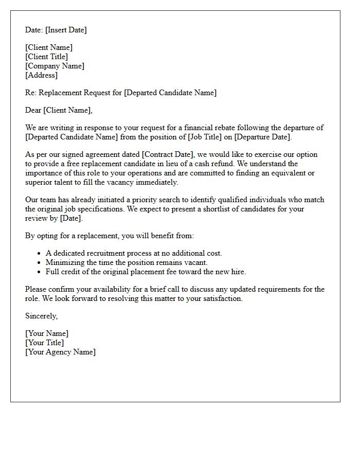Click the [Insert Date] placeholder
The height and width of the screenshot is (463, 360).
pyautogui.click(x=66, y=30)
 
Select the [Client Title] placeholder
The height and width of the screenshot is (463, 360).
pyautogui.click(x=46, y=57)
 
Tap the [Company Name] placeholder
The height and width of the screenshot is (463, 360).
pyautogui.click(x=55, y=66)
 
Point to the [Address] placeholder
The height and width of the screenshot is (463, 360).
pyautogui.click(x=41, y=75)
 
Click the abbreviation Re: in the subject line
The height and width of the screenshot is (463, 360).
pyautogui.click(x=31, y=93)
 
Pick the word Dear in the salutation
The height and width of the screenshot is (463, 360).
pyautogui.click(x=33, y=110)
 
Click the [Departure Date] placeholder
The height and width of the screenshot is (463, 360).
pyautogui.click(x=262, y=137)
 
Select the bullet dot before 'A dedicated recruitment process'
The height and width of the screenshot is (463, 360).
pyautogui.click(x=39, y=254)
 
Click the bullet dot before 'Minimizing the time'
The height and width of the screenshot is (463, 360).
pyautogui.click(x=39, y=263)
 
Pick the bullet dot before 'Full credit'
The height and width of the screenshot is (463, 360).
pyautogui.click(x=39, y=272)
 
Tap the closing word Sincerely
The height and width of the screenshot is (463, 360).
pyautogui.click(x=41, y=316)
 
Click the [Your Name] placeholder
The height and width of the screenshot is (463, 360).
pyautogui.click(x=46, y=333)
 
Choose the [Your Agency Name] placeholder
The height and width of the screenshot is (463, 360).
pyautogui.click(x=60, y=352)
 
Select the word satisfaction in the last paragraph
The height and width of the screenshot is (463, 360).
pyautogui.click(x=220, y=298)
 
